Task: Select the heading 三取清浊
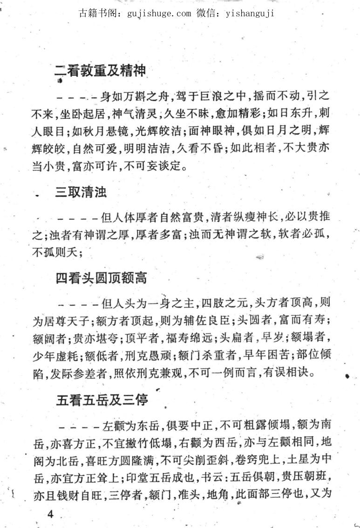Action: [81, 192]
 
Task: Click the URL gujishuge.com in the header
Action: [159, 13]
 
